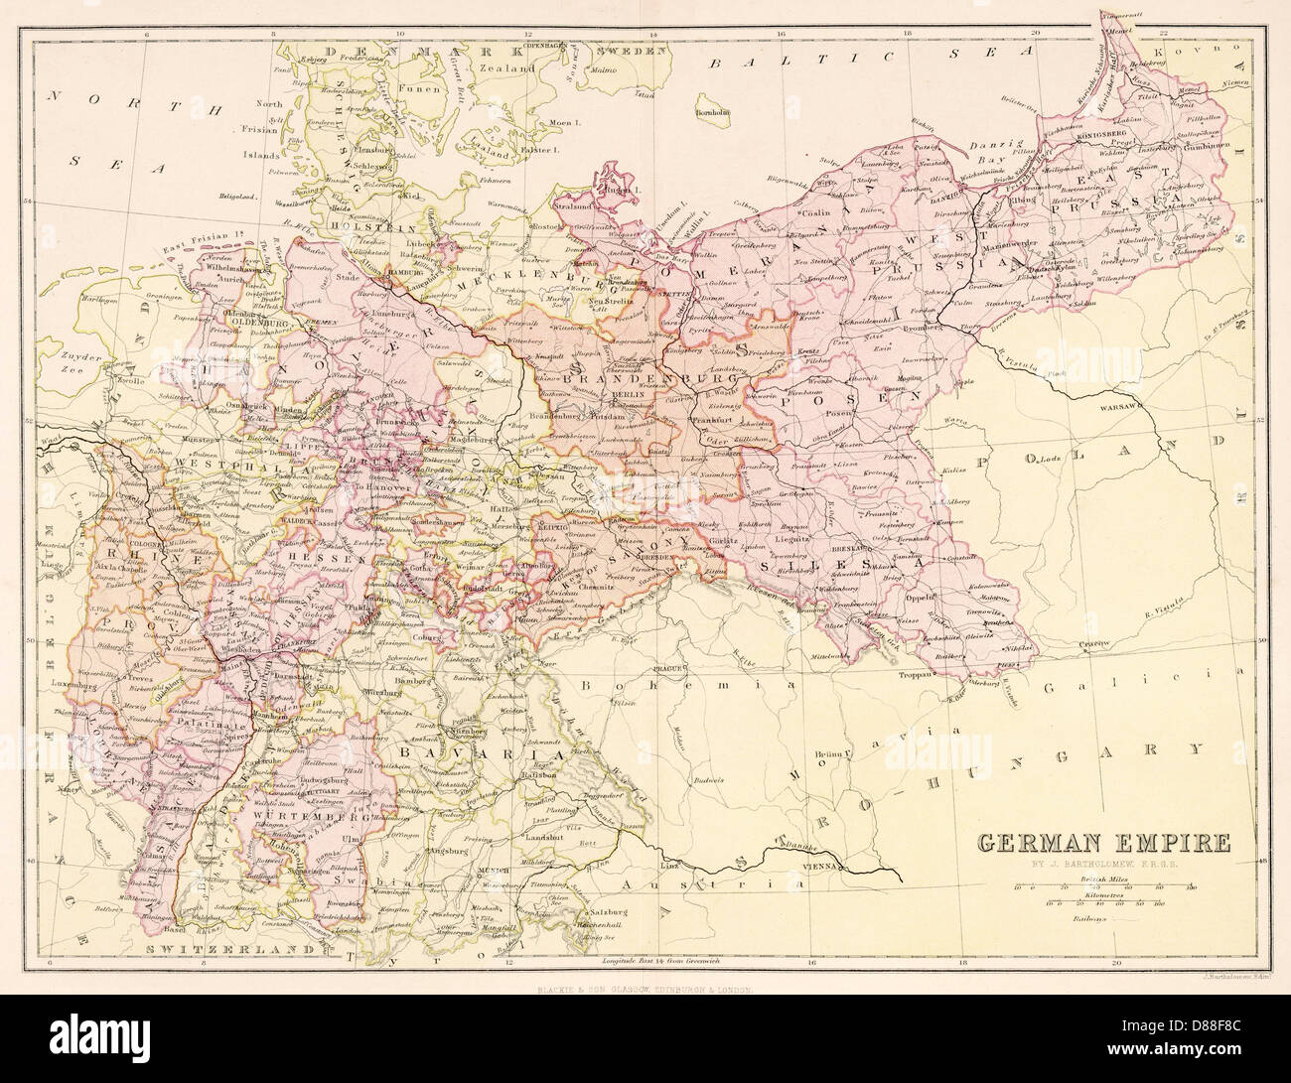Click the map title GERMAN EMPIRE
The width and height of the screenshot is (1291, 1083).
(1102, 844)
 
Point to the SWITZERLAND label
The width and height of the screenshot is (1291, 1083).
(206, 949)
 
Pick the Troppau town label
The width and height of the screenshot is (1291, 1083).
(918, 673)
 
